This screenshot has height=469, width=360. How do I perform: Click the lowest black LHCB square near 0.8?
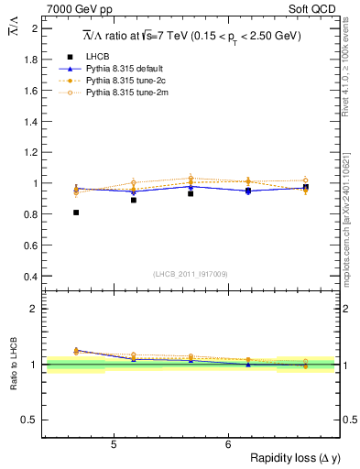(x=76, y=213)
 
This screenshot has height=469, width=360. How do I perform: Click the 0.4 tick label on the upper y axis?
(x=31, y=277)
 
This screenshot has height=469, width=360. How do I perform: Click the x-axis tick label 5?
(x=113, y=445)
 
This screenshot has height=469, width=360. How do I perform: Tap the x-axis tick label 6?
(x=228, y=445)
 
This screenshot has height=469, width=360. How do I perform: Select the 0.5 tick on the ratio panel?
(x=31, y=420)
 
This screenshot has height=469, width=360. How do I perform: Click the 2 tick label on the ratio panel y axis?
(x=35, y=309)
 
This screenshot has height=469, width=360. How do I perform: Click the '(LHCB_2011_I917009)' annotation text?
(x=191, y=273)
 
